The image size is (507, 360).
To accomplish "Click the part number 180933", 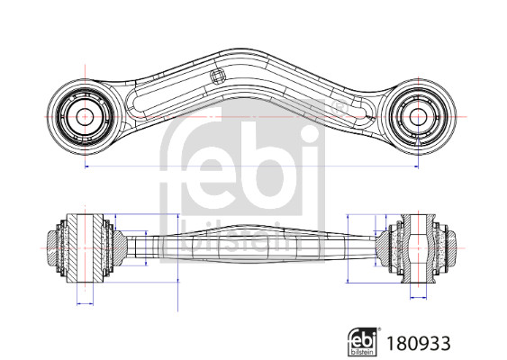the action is coord(419,343).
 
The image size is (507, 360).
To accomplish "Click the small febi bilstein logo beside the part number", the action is coord(362,342).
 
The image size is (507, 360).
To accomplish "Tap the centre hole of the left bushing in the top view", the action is coord(85,117).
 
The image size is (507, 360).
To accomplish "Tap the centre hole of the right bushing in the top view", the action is coord(418,117).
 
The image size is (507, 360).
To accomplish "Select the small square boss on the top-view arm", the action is coord(217,76).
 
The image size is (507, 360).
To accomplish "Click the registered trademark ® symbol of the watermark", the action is coord(340,108).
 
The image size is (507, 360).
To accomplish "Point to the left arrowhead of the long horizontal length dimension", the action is coord(87,166).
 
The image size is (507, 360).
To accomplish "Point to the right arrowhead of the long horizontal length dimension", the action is coord(416,166).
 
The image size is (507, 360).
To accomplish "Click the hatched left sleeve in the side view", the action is coord(85,247).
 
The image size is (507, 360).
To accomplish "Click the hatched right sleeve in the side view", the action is coord(418,247).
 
